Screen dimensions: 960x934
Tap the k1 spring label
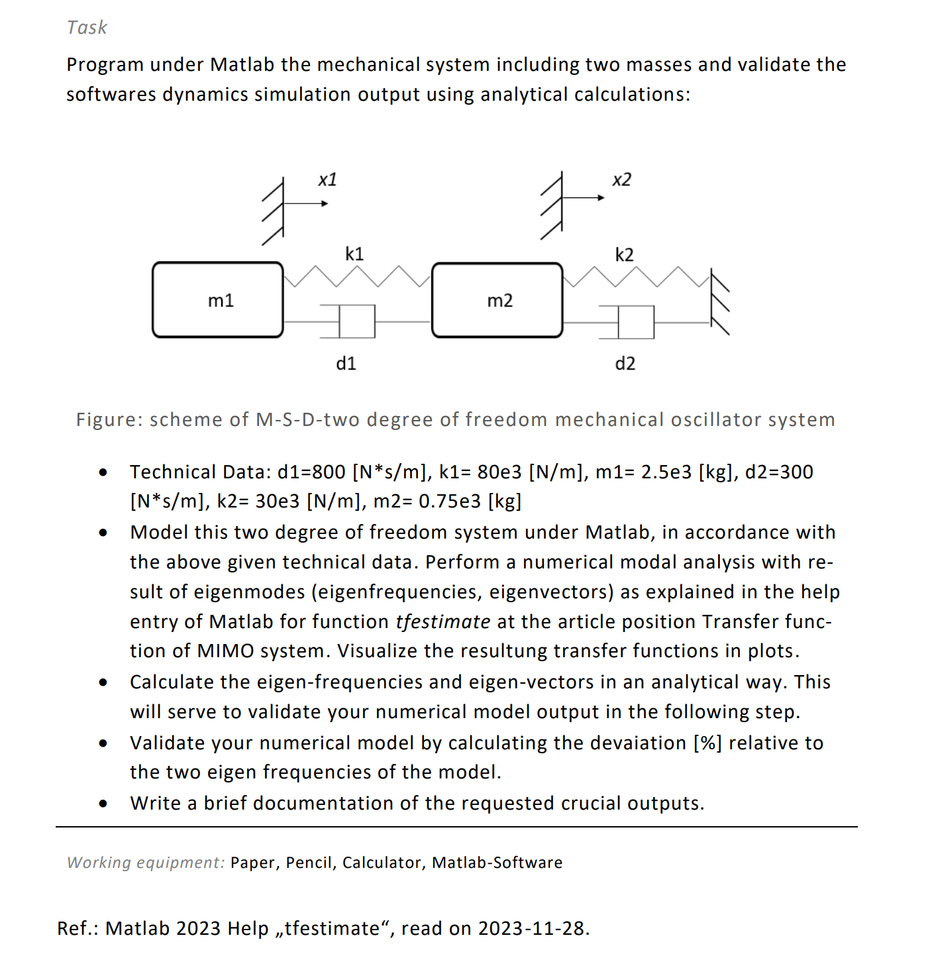pos(354,254)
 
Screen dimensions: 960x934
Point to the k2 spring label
pos(624,254)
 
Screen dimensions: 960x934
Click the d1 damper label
pos(346,363)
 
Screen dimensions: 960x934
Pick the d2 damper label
pos(625,363)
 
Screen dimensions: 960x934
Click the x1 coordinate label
pos(327,180)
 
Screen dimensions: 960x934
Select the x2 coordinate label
pos(621,180)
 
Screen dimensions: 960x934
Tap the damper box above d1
pos(357,321)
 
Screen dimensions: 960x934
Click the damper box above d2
pos(636,322)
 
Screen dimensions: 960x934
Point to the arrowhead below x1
pos(325,203)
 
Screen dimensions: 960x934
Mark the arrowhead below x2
pos(601,197)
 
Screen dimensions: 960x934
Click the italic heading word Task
pos(87,27)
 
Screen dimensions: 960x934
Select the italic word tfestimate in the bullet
pos(442,621)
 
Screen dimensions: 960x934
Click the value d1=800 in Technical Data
pos(311,472)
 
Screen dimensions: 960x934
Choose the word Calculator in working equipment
pos(381,863)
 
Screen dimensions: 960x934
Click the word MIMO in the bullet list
pos(225,651)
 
